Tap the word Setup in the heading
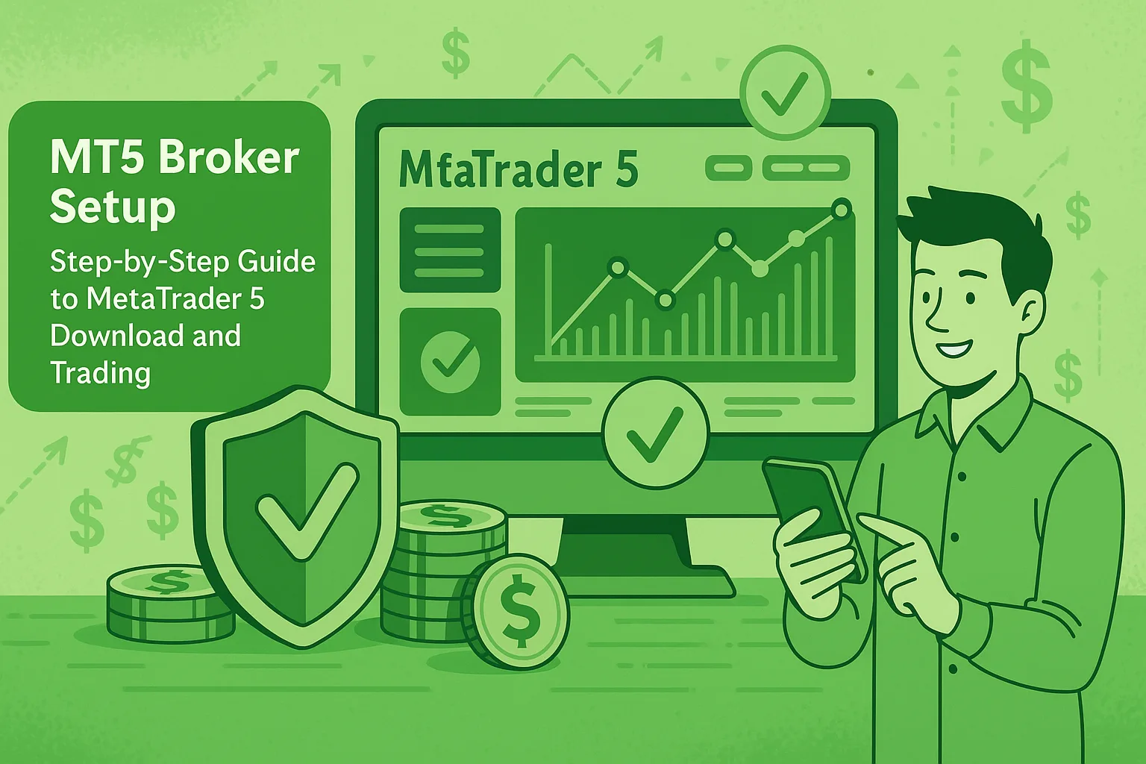click(x=113, y=207)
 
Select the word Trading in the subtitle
click(x=100, y=372)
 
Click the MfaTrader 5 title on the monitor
click(x=518, y=169)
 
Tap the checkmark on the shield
click(x=307, y=510)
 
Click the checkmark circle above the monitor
click(x=785, y=93)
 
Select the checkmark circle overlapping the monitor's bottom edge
click(x=655, y=433)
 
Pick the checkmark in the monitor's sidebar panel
click(x=450, y=361)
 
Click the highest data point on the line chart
click(x=841, y=209)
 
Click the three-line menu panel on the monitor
click(x=450, y=250)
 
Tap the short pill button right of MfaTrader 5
click(x=728, y=168)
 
